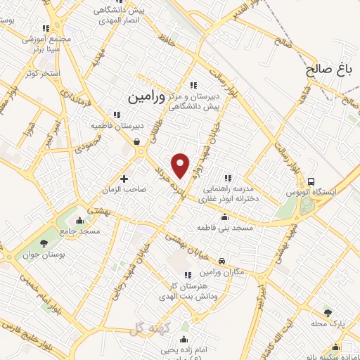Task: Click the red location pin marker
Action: pyautogui.click(x=181, y=165)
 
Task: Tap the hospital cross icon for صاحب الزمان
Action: pyautogui.click(x=125, y=178)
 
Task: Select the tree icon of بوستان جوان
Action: pyautogui.click(x=44, y=243)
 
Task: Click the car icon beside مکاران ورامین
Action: pyautogui.click(x=222, y=260)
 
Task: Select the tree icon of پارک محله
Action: pyautogui.click(x=327, y=312)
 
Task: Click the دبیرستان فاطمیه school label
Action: pyautogui.click(x=117, y=126)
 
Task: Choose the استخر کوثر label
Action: pyautogui.click(x=41, y=74)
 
